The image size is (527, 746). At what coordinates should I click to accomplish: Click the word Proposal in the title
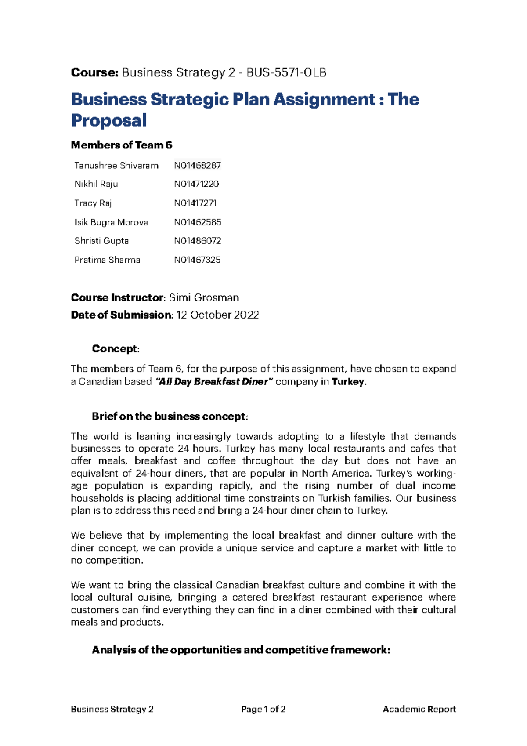109,120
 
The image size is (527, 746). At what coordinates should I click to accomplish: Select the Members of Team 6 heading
121,145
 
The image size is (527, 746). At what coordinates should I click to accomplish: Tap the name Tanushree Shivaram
116,166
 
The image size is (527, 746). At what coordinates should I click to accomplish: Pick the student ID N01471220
196,184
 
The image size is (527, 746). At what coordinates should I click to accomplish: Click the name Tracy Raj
93,203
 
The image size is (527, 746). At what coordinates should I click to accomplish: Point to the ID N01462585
197,222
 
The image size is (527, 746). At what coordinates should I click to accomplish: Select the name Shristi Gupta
101,241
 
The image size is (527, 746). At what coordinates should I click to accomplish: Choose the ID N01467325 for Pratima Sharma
197,260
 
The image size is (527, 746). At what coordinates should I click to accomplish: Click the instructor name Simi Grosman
204,297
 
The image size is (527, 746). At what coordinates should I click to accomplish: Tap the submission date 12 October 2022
217,315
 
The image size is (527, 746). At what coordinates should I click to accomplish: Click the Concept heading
115,349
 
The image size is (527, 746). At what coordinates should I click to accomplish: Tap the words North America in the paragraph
336,473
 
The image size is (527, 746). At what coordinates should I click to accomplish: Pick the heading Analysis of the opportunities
241,650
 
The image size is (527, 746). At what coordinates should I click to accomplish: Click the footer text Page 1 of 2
263,709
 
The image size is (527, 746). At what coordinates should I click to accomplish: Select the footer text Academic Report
419,709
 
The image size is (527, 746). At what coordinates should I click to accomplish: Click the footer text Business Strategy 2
112,709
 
